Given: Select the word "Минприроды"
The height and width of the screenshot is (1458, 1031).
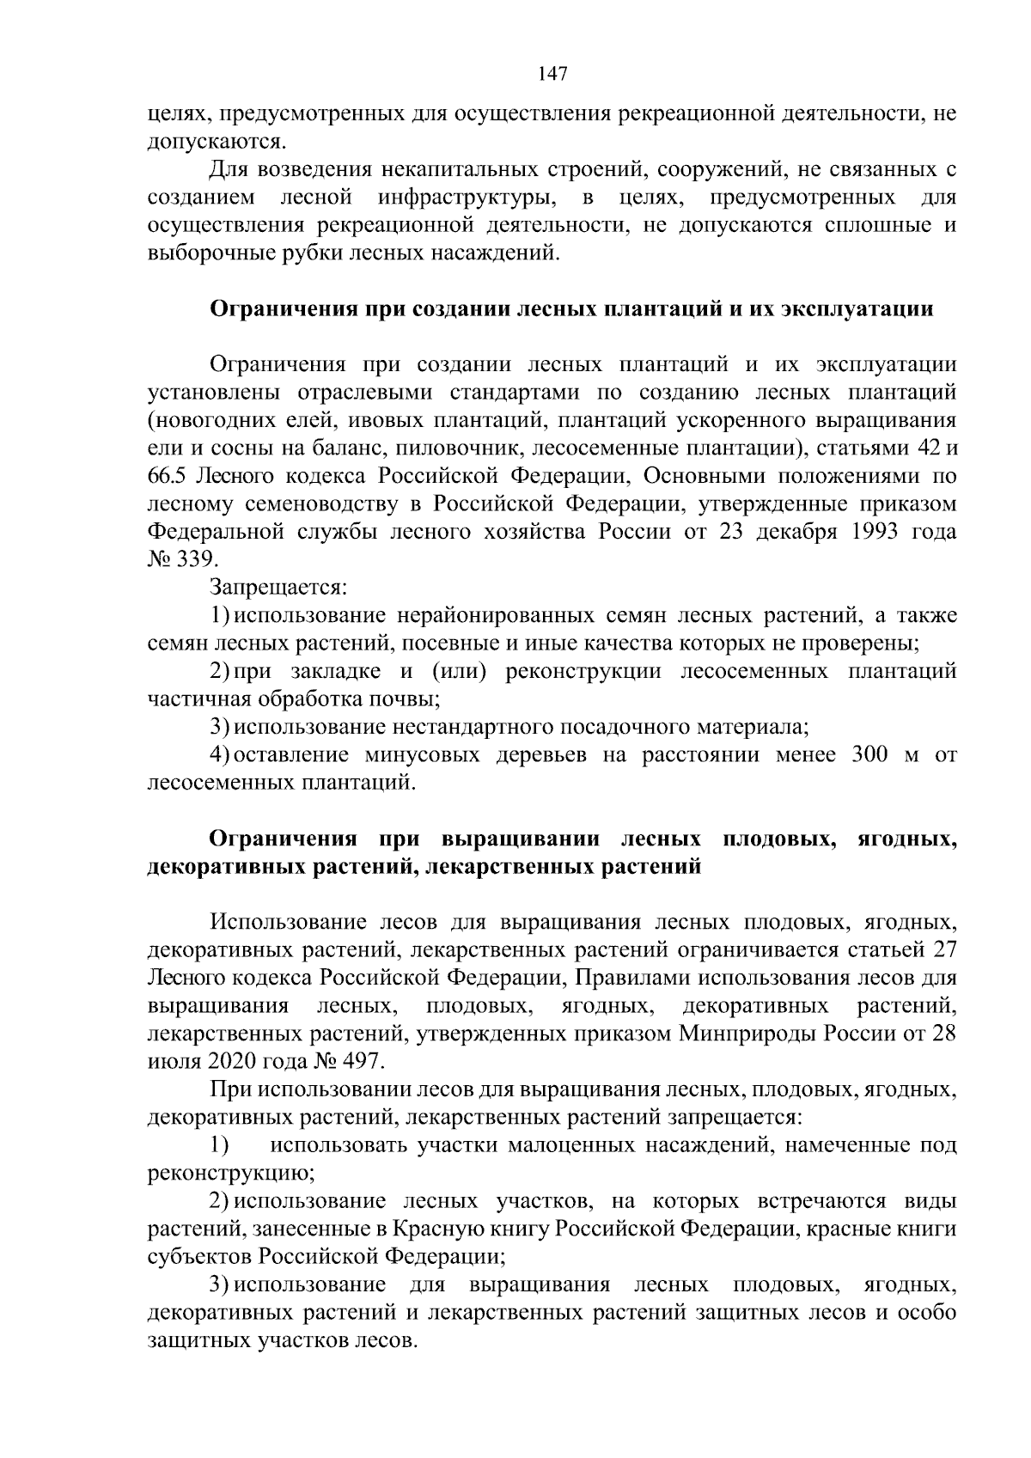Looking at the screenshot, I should coord(749,1034).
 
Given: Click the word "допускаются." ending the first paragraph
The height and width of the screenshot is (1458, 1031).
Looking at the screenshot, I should coord(215,141).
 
